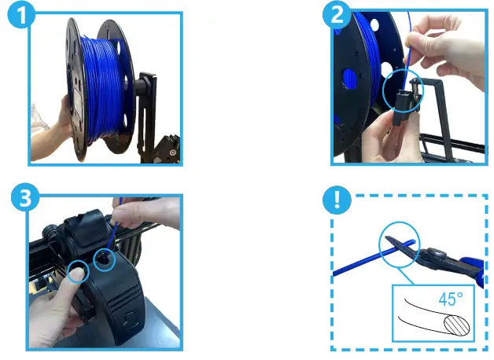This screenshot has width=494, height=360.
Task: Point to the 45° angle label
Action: pyautogui.click(x=451, y=299)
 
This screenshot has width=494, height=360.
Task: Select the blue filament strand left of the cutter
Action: pyautogui.click(x=354, y=265)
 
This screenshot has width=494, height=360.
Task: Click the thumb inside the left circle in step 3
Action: pyautogui.click(x=76, y=271)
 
